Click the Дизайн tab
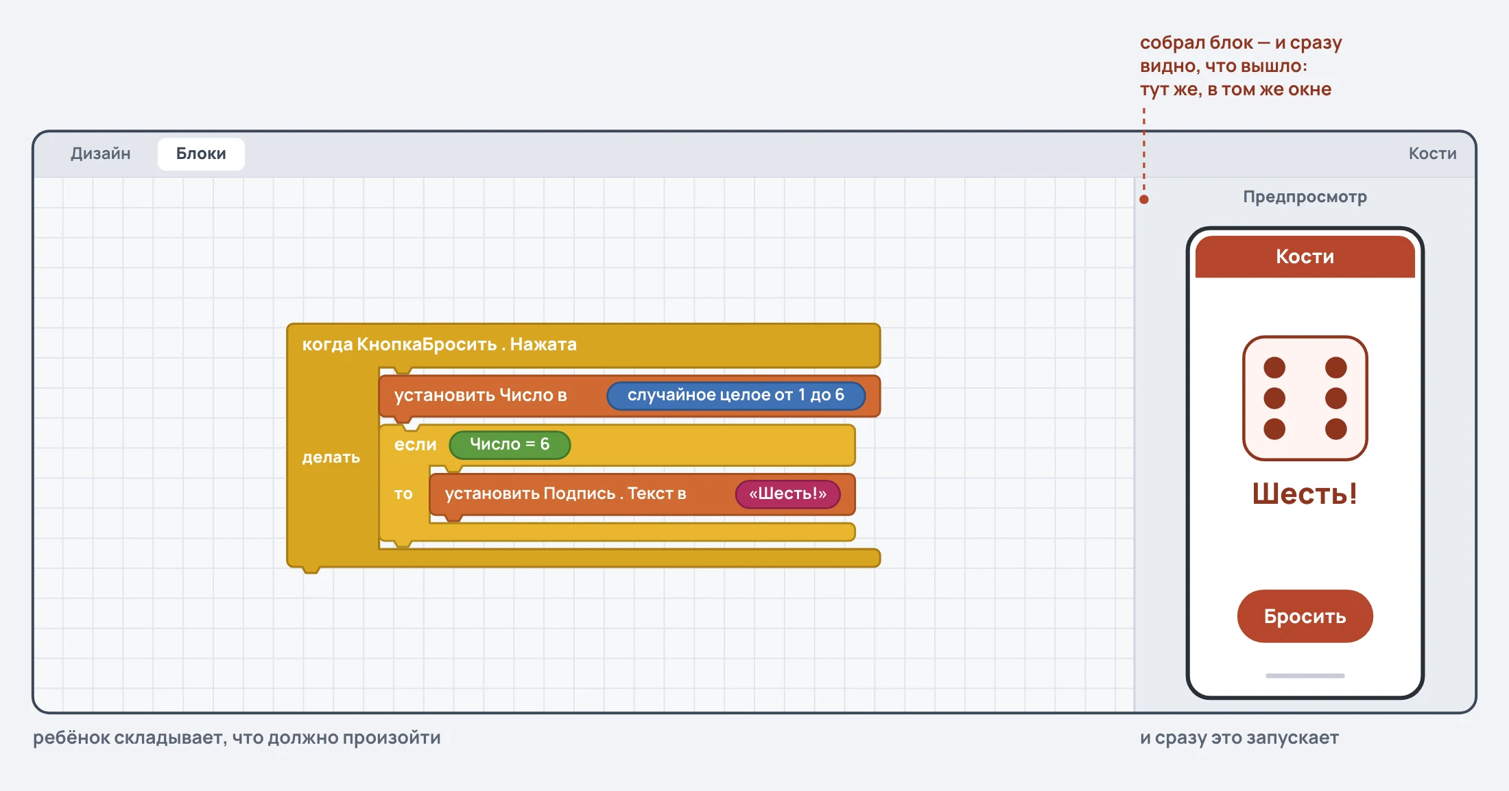tap(100, 154)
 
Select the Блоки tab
tap(201, 154)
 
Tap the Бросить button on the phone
tap(1305, 616)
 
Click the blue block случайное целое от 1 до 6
tap(736, 395)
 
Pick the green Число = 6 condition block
tap(510, 445)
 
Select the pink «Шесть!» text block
tap(788, 494)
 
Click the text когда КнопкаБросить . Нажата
tap(439, 344)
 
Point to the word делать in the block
tap(331, 457)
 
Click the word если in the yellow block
tap(415, 445)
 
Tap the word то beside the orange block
tap(403, 494)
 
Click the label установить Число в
tap(480, 395)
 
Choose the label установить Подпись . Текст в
tap(565, 494)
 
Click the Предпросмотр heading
tap(1305, 197)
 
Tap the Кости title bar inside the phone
tap(1305, 256)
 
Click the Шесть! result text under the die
tap(1305, 494)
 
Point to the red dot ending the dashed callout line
tap(1144, 199)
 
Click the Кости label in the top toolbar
tap(1432, 154)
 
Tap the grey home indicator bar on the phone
tap(1305, 676)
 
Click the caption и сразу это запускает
tap(1239, 738)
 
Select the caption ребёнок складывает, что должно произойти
tap(237, 738)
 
